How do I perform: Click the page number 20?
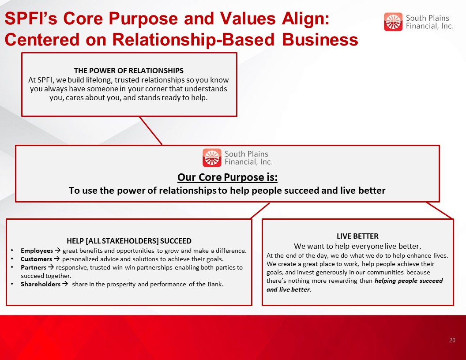[452, 340]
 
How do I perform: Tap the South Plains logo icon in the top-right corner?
[393, 22]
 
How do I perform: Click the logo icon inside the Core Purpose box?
[212, 158]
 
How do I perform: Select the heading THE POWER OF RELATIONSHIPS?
[129, 71]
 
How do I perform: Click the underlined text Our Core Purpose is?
[227, 177]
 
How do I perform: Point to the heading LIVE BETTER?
[357, 236]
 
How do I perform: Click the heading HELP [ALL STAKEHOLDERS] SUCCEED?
[129, 241]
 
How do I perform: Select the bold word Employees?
[37, 251]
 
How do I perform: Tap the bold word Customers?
[36, 259]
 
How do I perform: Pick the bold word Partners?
[33, 267]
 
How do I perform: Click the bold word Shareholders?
[41, 284]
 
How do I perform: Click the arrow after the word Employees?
[57, 251]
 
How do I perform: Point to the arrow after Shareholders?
[65, 284]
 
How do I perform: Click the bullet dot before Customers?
[12, 259]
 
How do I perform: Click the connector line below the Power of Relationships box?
[150, 131]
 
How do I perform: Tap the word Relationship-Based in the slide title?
[193, 40]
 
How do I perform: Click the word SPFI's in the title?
[31, 19]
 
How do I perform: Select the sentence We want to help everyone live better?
[357, 246]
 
